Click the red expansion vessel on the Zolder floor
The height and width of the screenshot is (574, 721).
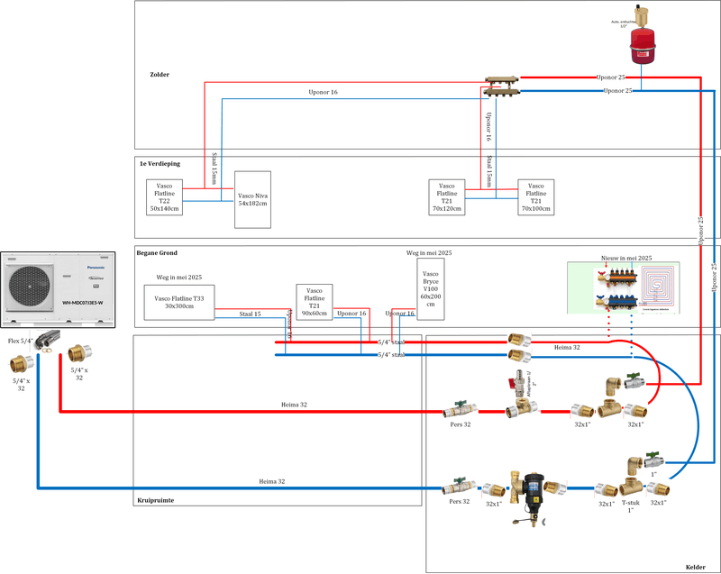pyautogui.click(x=641, y=41)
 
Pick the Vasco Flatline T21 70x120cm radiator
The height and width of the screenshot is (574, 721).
pyautogui.click(x=448, y=196)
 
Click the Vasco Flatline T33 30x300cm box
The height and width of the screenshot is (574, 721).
pyautogui.click(x=179, y=304)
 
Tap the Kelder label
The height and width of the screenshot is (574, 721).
pyautogui.click(x=695, y=566)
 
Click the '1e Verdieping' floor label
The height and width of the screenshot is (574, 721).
pyautogui.click(x=160, y=164)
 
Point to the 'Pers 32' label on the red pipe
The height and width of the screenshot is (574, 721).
pyautogui.click(x=461, y=423)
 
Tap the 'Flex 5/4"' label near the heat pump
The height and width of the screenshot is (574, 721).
pyautogui.click(x=20, y=342)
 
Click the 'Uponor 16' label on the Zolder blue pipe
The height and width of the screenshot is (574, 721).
pyautogui.click(x=322, y=93)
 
